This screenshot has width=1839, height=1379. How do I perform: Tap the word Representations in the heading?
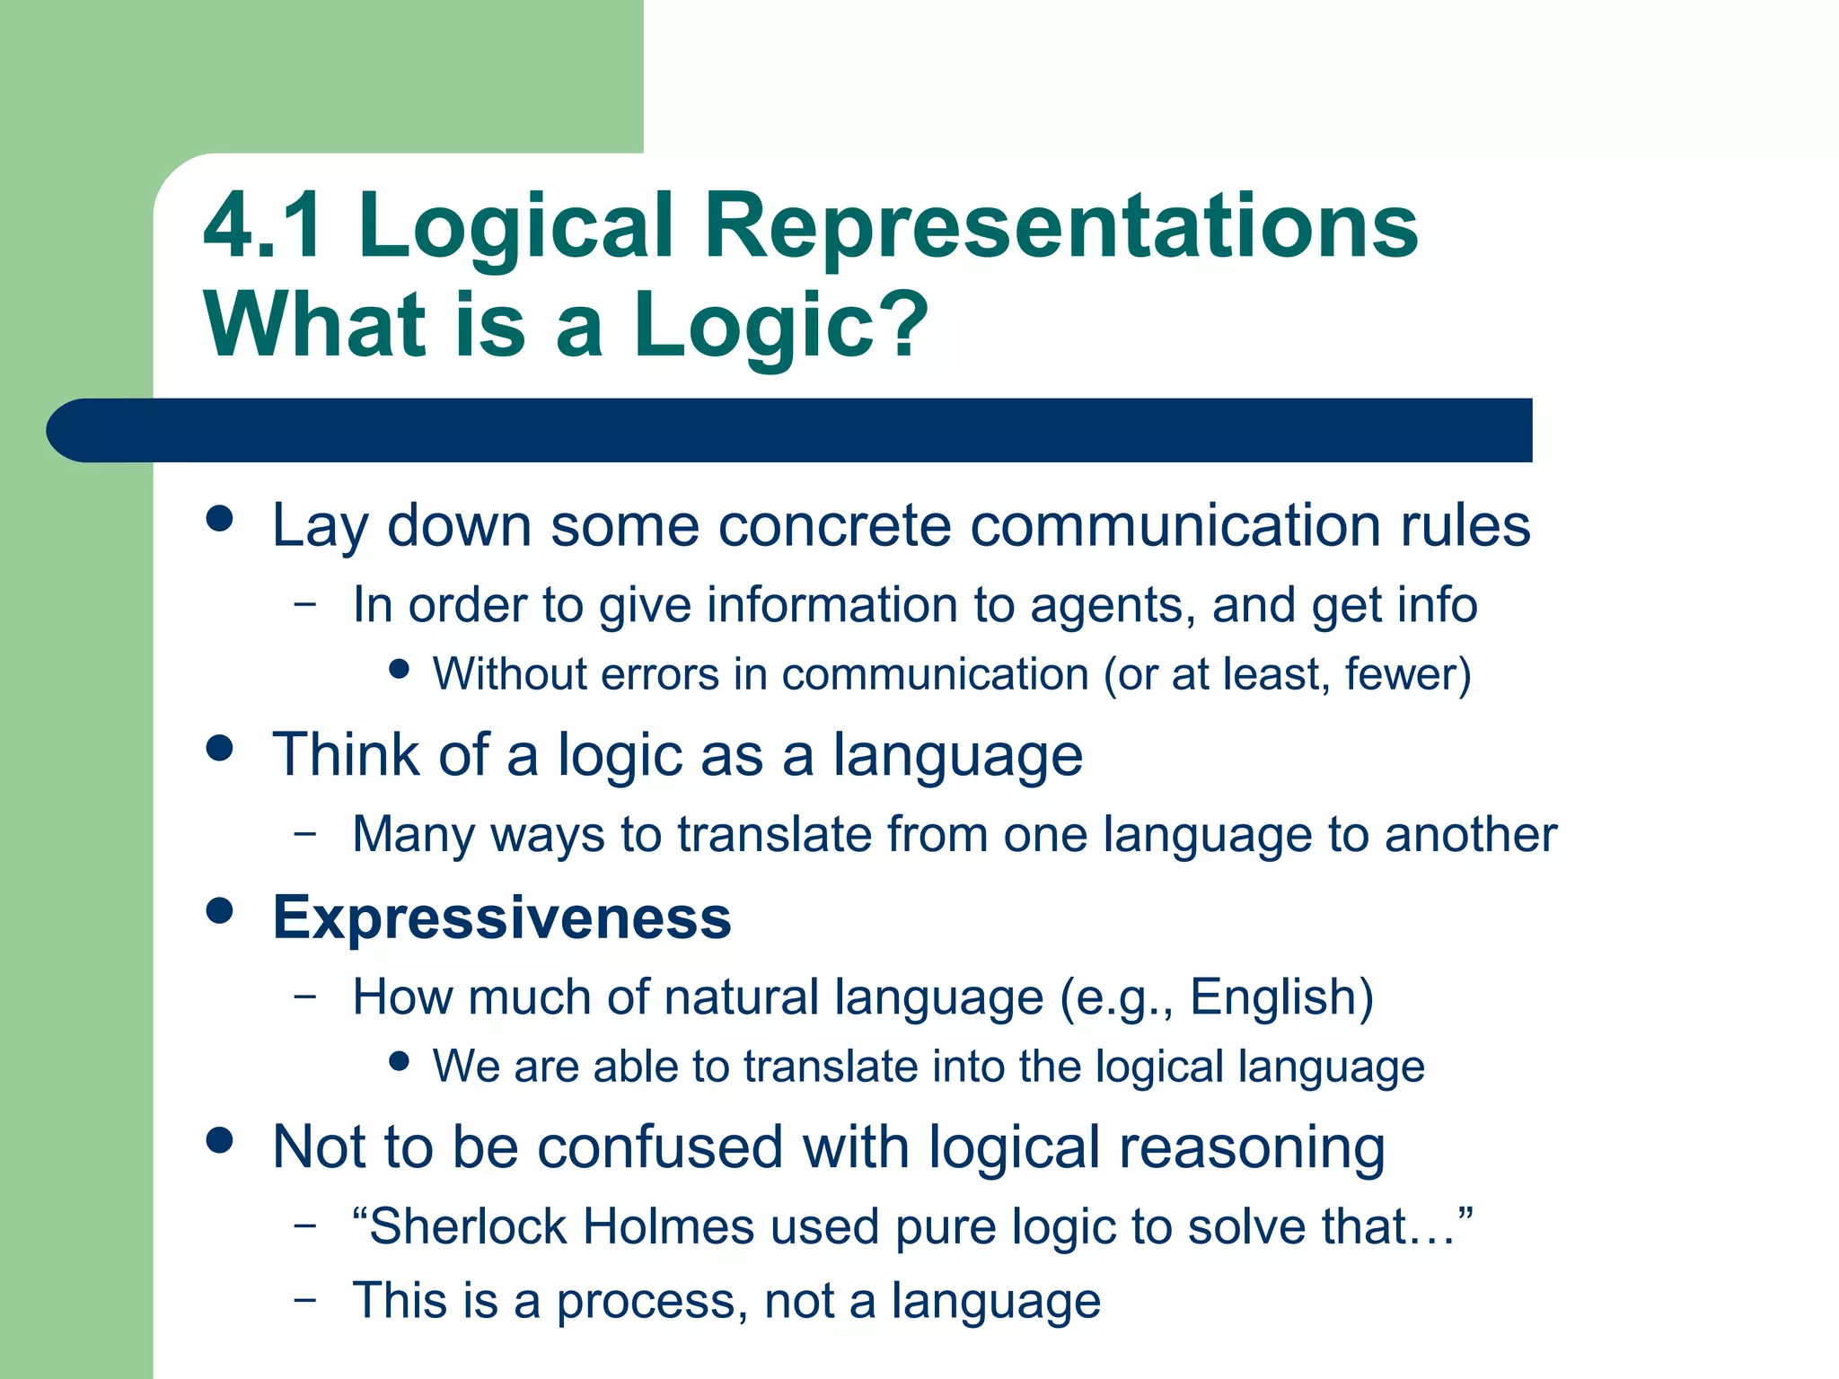click(1060, 226)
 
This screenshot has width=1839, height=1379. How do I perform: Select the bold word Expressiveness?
click(502, 918)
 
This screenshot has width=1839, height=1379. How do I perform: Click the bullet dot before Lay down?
click(219, 519)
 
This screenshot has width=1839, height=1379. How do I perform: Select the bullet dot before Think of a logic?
click(219, 748)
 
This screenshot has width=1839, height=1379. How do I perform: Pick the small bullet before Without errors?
click(400, 669)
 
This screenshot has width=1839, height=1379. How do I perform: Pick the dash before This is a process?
click(305, 1300)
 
